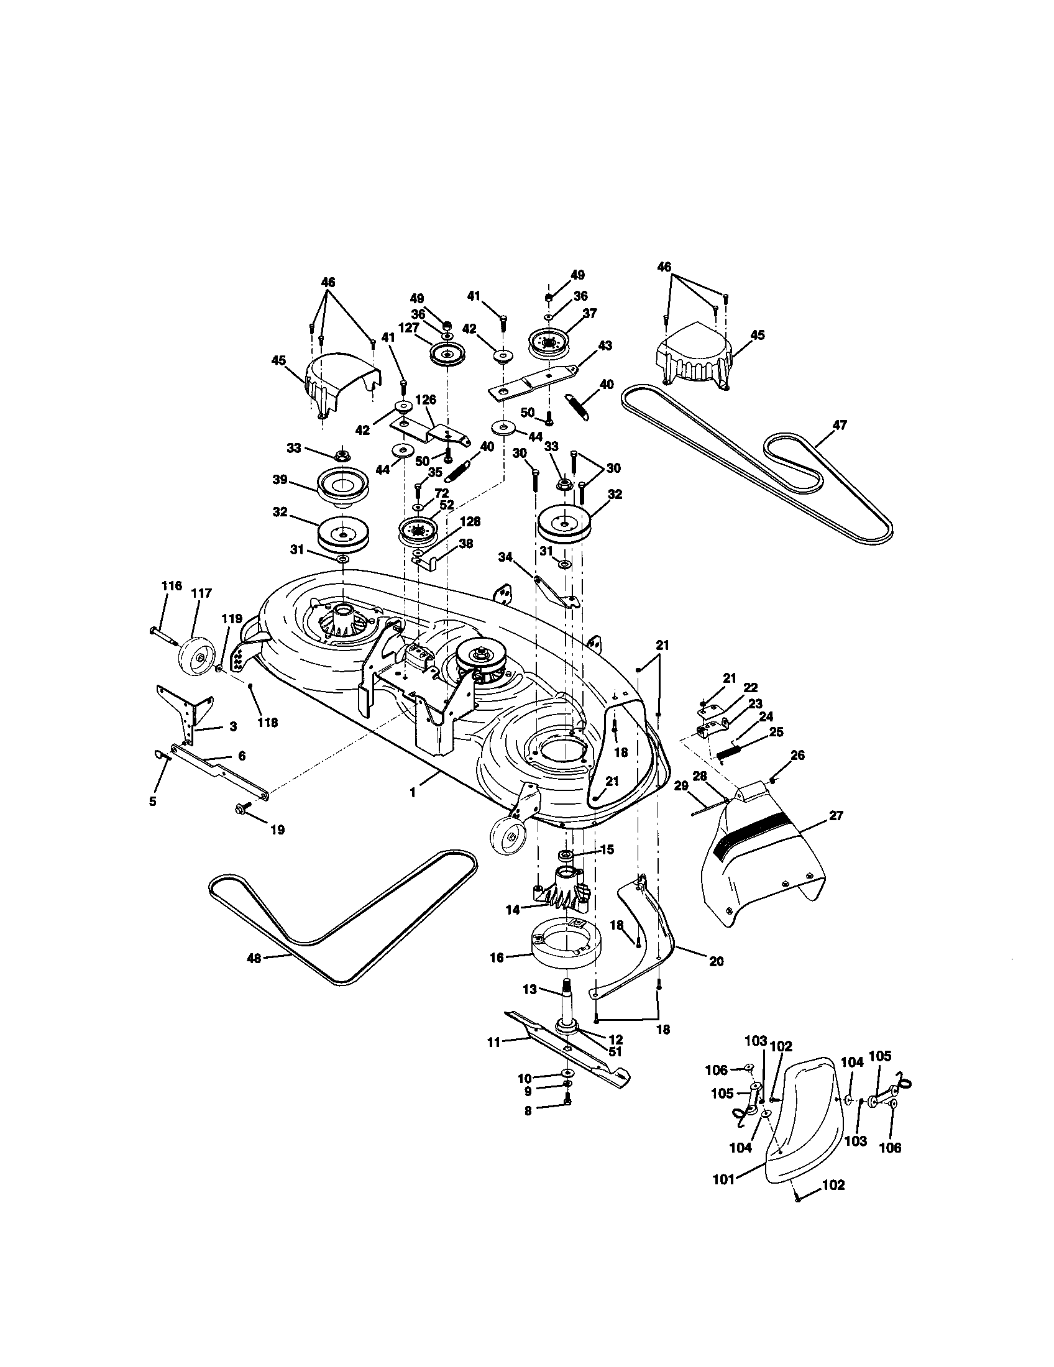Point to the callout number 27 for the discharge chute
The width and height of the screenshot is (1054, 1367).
pyautogui.click(x=837, y=815)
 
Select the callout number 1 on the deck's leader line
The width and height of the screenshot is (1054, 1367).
pyautogui.click(x=413, y=792)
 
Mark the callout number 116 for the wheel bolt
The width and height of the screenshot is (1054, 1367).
pyautogui.click(x=171, y=586)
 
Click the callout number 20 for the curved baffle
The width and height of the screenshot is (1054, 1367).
pyautogui.click(x=717, y=960)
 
